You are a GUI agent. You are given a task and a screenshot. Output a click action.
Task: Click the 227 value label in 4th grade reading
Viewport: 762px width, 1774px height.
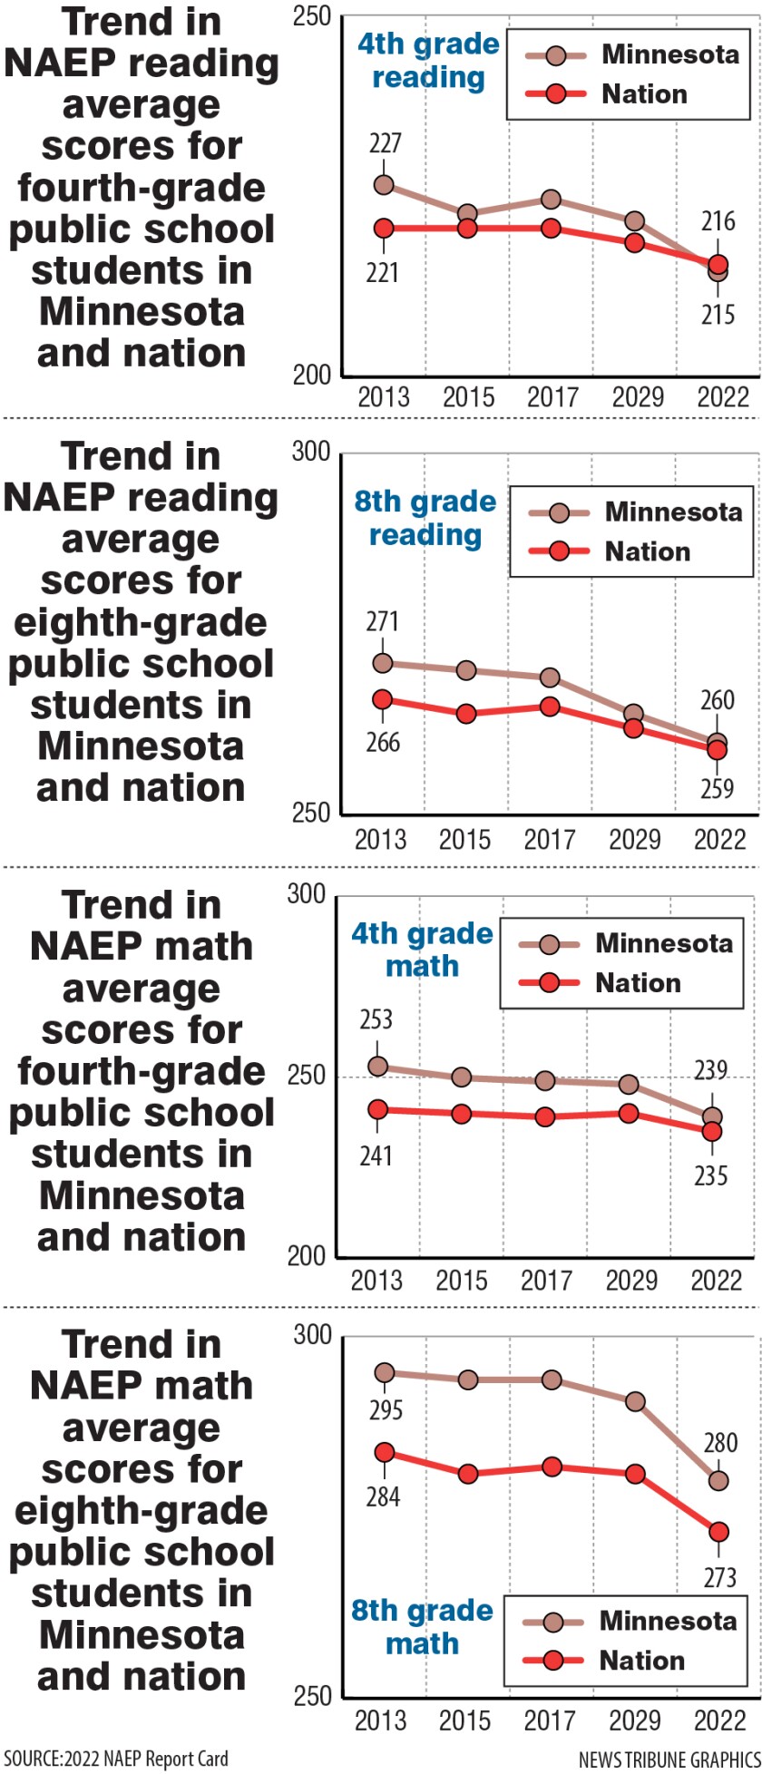(x=385, y=143)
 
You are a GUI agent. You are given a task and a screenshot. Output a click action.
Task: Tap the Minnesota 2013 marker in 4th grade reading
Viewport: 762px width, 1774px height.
(x=384, y=185)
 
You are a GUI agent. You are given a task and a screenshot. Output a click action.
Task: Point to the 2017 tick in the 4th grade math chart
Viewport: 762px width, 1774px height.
(x=546, y=1280)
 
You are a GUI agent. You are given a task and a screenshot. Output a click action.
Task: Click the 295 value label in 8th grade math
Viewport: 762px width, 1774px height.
(x=384, y=1410)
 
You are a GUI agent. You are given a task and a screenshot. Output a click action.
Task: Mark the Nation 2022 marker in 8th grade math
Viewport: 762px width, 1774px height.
(x=718, y=1532)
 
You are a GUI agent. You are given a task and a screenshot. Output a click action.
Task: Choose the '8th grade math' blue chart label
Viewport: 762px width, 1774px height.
(x=422, y=1627)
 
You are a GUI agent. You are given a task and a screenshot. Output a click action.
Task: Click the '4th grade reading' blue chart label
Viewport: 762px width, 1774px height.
(x=428, y=61)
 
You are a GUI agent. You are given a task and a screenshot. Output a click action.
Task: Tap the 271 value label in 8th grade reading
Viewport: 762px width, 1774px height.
(x=382, y=622)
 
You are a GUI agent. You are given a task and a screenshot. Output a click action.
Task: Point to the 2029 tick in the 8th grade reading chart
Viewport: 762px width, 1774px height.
(x=634, y=839)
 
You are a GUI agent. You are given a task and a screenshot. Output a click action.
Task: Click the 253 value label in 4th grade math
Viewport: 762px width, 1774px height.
(x=376, y=1020)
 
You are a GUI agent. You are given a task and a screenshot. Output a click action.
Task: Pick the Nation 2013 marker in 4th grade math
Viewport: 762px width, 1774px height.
(x=377, y=1110)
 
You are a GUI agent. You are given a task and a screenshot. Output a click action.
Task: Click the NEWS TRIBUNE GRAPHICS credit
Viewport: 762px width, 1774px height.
(x=669, y=1759)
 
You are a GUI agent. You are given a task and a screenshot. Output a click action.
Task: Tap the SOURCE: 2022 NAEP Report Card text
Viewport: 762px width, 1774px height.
(x=115, y=1759)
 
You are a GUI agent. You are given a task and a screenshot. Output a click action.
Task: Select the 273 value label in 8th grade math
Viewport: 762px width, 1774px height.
(x=719, y=1578)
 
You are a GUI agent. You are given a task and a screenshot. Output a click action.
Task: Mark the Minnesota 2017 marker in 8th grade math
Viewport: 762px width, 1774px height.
(x=552, y=1379)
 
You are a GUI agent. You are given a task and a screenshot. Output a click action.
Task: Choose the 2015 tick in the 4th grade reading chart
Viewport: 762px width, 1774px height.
(x=468, y=397)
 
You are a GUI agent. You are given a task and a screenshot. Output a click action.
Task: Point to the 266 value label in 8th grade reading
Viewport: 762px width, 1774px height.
(x=382, y=742)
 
